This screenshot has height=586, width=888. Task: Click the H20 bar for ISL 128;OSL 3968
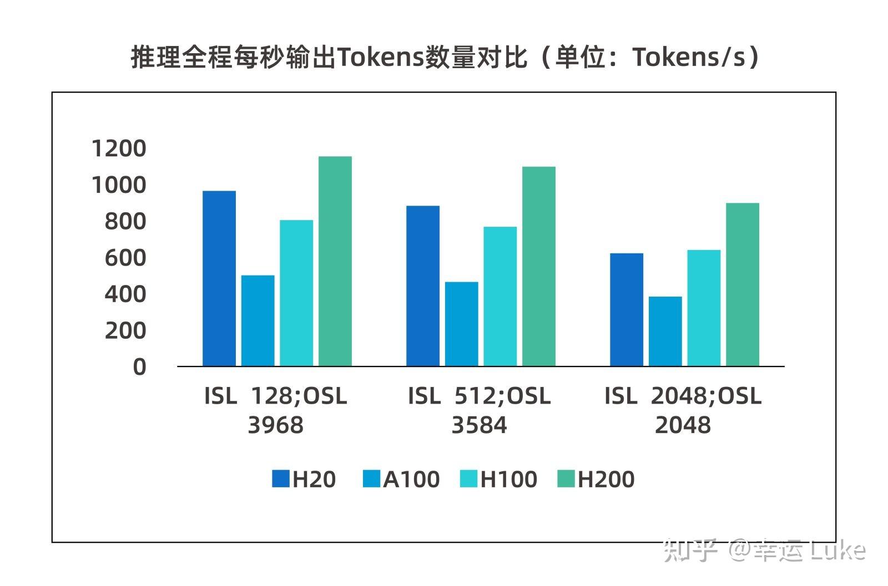point(219,278)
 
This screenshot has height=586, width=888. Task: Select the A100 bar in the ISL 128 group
point(258,320)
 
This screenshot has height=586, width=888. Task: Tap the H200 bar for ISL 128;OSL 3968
point(335,261)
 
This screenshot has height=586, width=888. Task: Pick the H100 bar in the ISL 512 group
point(500,296)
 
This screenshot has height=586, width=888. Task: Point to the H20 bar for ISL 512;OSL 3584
point(422,286)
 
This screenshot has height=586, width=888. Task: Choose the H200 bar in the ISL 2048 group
point(742,284)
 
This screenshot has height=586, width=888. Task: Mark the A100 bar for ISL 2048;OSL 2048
point(665,331)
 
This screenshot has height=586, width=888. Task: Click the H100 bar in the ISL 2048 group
point(704,308)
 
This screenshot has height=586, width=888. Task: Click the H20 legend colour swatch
point(281,479)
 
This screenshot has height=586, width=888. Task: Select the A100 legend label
point(411,479)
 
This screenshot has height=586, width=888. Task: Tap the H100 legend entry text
point(508,479)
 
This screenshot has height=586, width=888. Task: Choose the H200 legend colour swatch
point(566,479)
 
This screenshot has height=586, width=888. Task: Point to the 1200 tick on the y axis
point(118,149)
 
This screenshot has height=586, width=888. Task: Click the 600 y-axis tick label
point(125,258)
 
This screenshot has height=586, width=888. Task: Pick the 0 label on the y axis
point(139,367)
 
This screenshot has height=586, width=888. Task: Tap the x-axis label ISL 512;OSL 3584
point(479,410)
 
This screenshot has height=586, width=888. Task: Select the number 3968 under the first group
point(275,425)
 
